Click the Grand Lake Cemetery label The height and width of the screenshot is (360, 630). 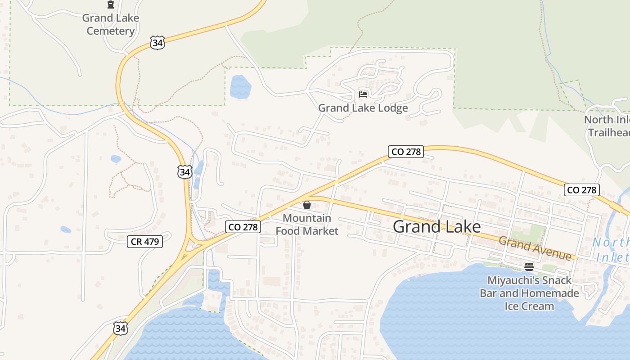pos(111,24)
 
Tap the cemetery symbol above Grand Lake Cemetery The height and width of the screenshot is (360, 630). pos(110,5)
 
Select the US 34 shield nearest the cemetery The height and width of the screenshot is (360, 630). pos(157,43)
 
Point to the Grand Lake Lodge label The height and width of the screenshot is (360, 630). pos(363,108)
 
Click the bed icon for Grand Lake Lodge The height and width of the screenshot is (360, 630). pos(363,94)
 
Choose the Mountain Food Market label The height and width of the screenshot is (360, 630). pos(307,225)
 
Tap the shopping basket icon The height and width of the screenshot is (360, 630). pos(307,205)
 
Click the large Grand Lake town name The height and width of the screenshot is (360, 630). pos(436,226)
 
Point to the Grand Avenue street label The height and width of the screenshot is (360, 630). pos(535,248)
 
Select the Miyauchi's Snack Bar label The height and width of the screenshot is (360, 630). pos(529,280)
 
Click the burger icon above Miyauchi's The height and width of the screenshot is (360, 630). pos(529,266)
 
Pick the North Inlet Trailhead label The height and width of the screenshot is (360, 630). pos(607,126)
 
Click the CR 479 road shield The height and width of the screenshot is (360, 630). pos(145,242)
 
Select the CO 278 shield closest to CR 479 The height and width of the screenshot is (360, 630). pos(243,227)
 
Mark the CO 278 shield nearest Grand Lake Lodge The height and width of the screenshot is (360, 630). pos(406,152)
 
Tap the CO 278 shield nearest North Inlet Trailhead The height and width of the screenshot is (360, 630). pos(582,190)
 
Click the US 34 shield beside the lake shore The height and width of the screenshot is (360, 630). pos(120,328)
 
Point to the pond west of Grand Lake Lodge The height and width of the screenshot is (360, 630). pos(240,87)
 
